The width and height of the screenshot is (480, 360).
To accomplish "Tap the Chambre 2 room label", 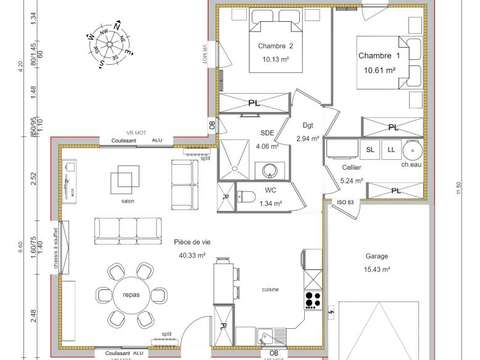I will [x=275, y=46].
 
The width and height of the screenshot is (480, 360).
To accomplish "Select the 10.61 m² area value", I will [x=380, y=71].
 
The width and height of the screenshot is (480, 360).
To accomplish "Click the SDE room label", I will [x=267, y=133].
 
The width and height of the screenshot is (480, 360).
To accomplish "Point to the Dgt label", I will [x=307, y=125].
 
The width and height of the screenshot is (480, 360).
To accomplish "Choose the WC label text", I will [x=270, y=189].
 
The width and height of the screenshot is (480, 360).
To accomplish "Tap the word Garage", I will [x=377, y=256].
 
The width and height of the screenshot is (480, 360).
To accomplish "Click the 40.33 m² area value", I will [x=192, y=255].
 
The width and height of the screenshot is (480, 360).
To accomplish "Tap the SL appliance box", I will [x=370, y=150].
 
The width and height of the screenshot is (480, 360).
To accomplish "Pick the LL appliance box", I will [x=391, y=150].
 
